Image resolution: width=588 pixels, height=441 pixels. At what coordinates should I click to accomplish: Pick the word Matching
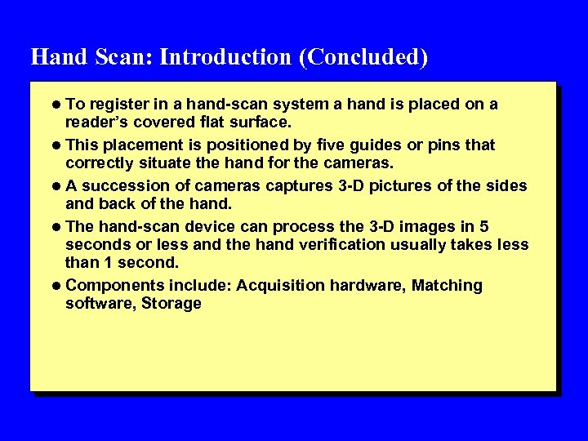pyautogui.click(x=447, y=286)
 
